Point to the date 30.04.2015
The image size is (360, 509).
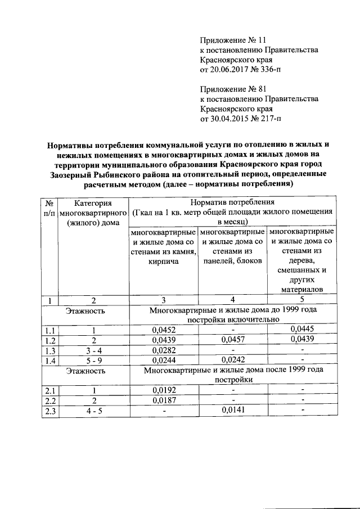[x=229, y=119]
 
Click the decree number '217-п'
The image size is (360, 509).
[x=269, y=119]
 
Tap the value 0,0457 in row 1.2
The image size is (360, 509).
[x=233, y=340]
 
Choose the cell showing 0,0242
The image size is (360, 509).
[x=233, y=361]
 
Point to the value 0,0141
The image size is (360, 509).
[x=233, y=410]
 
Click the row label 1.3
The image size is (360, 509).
[x=50, y=350]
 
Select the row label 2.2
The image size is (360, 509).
[x=50, y=400]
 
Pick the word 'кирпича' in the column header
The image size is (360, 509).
[x=164, y=262]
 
